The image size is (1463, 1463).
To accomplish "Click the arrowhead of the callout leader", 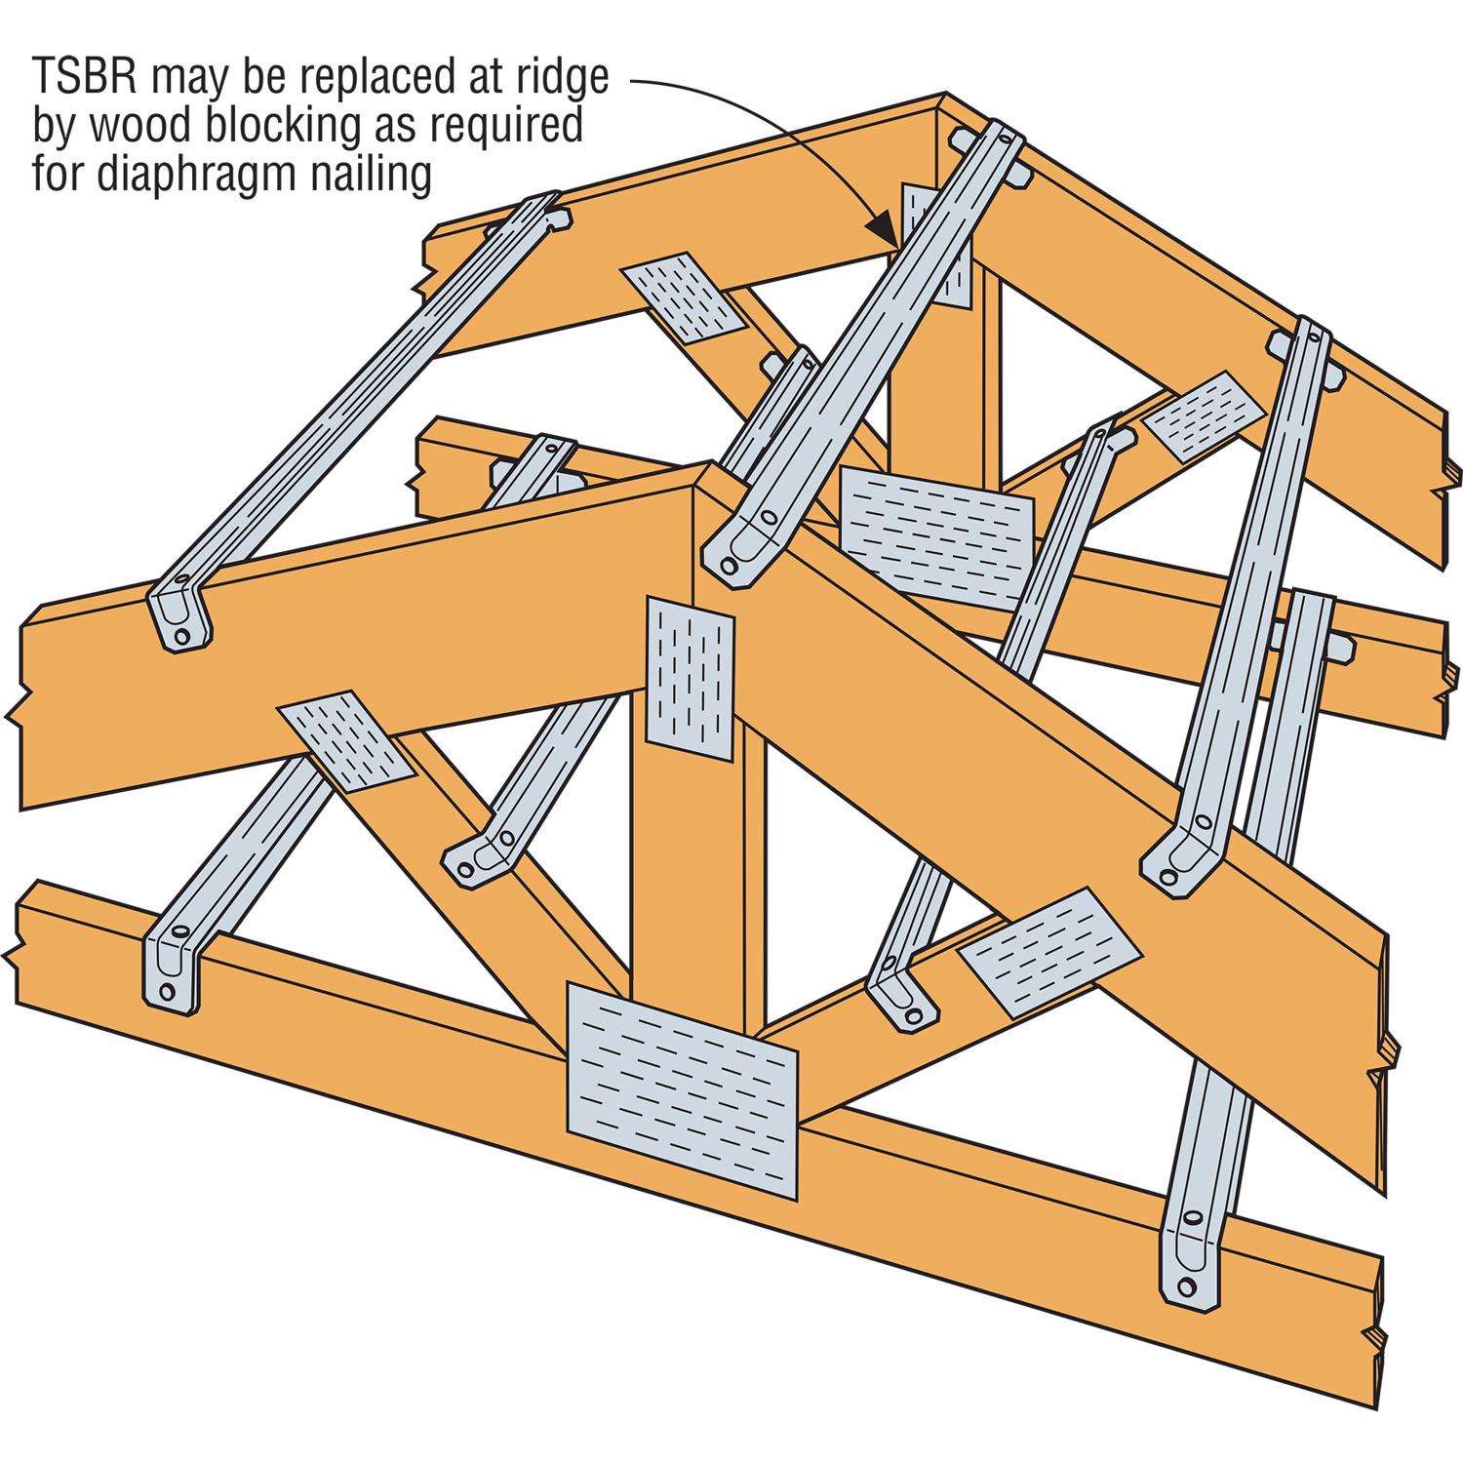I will [x=884, y=230].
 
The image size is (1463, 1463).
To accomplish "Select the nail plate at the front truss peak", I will [x=690, y=679].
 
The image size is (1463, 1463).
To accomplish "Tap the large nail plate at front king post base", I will [x=682, y=1090].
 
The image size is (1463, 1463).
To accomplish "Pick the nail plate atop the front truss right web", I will [x=1048, y=952].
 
